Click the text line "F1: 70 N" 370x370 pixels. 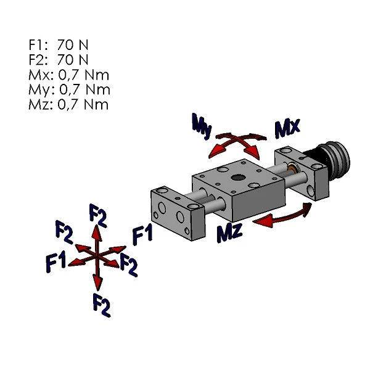59,44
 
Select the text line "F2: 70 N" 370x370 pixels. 59,59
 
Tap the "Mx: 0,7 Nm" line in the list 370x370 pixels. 68,75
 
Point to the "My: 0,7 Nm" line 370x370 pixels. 68,89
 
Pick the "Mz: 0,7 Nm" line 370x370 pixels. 68,104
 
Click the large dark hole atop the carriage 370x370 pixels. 237,179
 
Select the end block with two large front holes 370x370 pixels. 177,213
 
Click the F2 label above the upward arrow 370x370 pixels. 98,214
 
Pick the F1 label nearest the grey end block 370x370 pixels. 142,234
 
